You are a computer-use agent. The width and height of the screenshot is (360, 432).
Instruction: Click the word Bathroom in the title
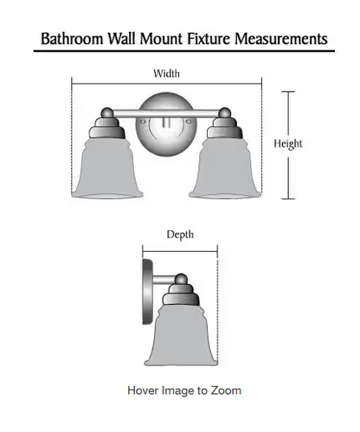pyautogui.click(x=72, y=39)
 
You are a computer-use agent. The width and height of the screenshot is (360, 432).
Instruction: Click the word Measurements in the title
pyautogui.click(x=281, y=39)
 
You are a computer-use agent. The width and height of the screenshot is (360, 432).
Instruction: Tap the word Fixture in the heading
pyautogui.click(x=209, y=39)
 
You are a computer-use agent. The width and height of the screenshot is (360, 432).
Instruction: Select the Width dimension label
pyautogui.click(x=166, y=74)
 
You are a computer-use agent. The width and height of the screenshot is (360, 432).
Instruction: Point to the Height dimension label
pyautogui.click(x=288, y=144)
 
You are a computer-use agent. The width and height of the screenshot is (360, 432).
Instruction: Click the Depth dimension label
pyautogui.click(x=180, y=235)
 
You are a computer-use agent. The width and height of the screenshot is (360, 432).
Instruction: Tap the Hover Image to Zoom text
pyautogui.click(x=184, y=390)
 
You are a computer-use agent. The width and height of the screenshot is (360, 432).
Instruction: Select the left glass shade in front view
pyautogui.click(x=107, y=168)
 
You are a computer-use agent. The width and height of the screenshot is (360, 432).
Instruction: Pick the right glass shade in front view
pyautogui.click(x=225, y=168)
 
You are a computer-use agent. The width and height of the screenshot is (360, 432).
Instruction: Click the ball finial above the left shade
pyautogui.click(x=108, y=113)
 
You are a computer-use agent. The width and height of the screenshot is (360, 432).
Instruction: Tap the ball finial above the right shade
pyautogui.click(x=224, y=113)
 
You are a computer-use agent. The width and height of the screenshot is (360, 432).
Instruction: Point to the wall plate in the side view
pyautogui.click(x=148, y=292)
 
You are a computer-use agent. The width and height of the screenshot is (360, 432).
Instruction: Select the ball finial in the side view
pyautogui.click(x=181, y=279)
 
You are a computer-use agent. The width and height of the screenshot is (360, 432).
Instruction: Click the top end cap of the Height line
pyautogui.click(x=288, y=92)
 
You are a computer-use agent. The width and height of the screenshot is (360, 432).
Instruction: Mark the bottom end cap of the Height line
pyautogui.click(x=288, y=199)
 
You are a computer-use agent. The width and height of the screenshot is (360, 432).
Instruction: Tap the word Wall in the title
pyautogui.click(x=121, y=39)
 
